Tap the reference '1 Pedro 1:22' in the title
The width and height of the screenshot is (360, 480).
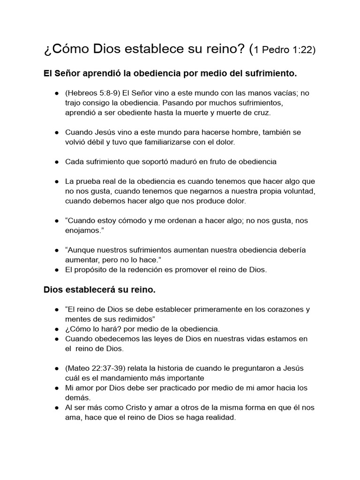[x=285, y=50]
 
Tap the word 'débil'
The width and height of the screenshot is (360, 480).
[x=100, y=142]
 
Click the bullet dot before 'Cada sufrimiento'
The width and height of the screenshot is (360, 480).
[x=56, y=162]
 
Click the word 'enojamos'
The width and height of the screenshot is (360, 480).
[x=82, y=230]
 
